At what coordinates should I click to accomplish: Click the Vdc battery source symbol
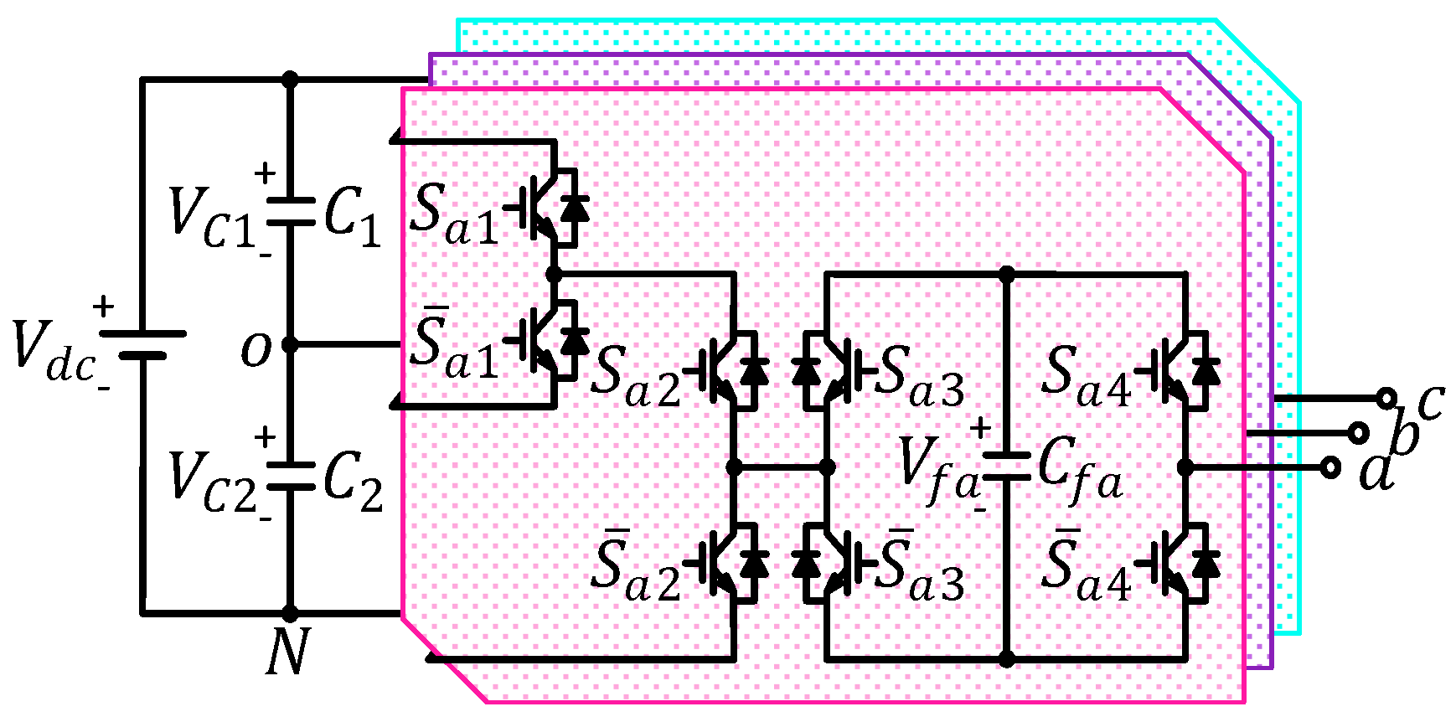tap(142, 344)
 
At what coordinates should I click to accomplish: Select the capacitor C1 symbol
tap(290, 211)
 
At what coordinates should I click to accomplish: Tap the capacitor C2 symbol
tap(290, 476)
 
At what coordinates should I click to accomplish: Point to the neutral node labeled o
tap(290, 344)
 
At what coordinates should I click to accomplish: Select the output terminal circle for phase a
tap(1330, 467)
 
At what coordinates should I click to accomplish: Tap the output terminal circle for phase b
tap(1358, 433)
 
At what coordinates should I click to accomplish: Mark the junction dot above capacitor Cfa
tap(1006, 274)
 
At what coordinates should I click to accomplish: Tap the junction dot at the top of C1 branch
tap(290, 80)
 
